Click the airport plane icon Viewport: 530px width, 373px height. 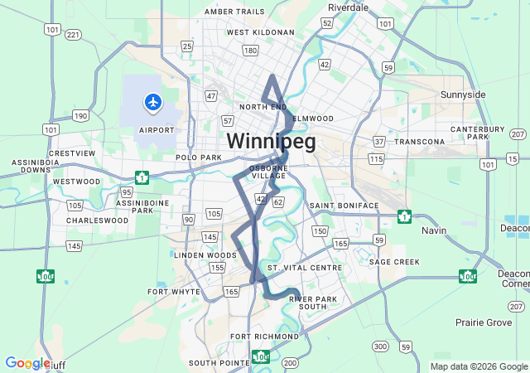coord(153,102)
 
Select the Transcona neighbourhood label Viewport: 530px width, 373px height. coord(420,142)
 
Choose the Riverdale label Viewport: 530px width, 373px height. coord(348,7)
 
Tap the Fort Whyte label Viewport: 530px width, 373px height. coord(174,292)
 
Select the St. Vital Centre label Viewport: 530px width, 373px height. coord(305,269)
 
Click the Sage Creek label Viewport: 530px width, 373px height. coord(395,261)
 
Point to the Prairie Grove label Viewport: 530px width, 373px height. coord(484,322)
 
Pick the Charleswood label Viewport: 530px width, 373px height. coord(98,221)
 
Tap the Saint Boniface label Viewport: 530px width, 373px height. coord(344,205)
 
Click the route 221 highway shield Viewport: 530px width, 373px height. coord(74,34)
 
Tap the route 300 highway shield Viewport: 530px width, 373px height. coord(380,346)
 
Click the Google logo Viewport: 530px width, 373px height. coord(27,363)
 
